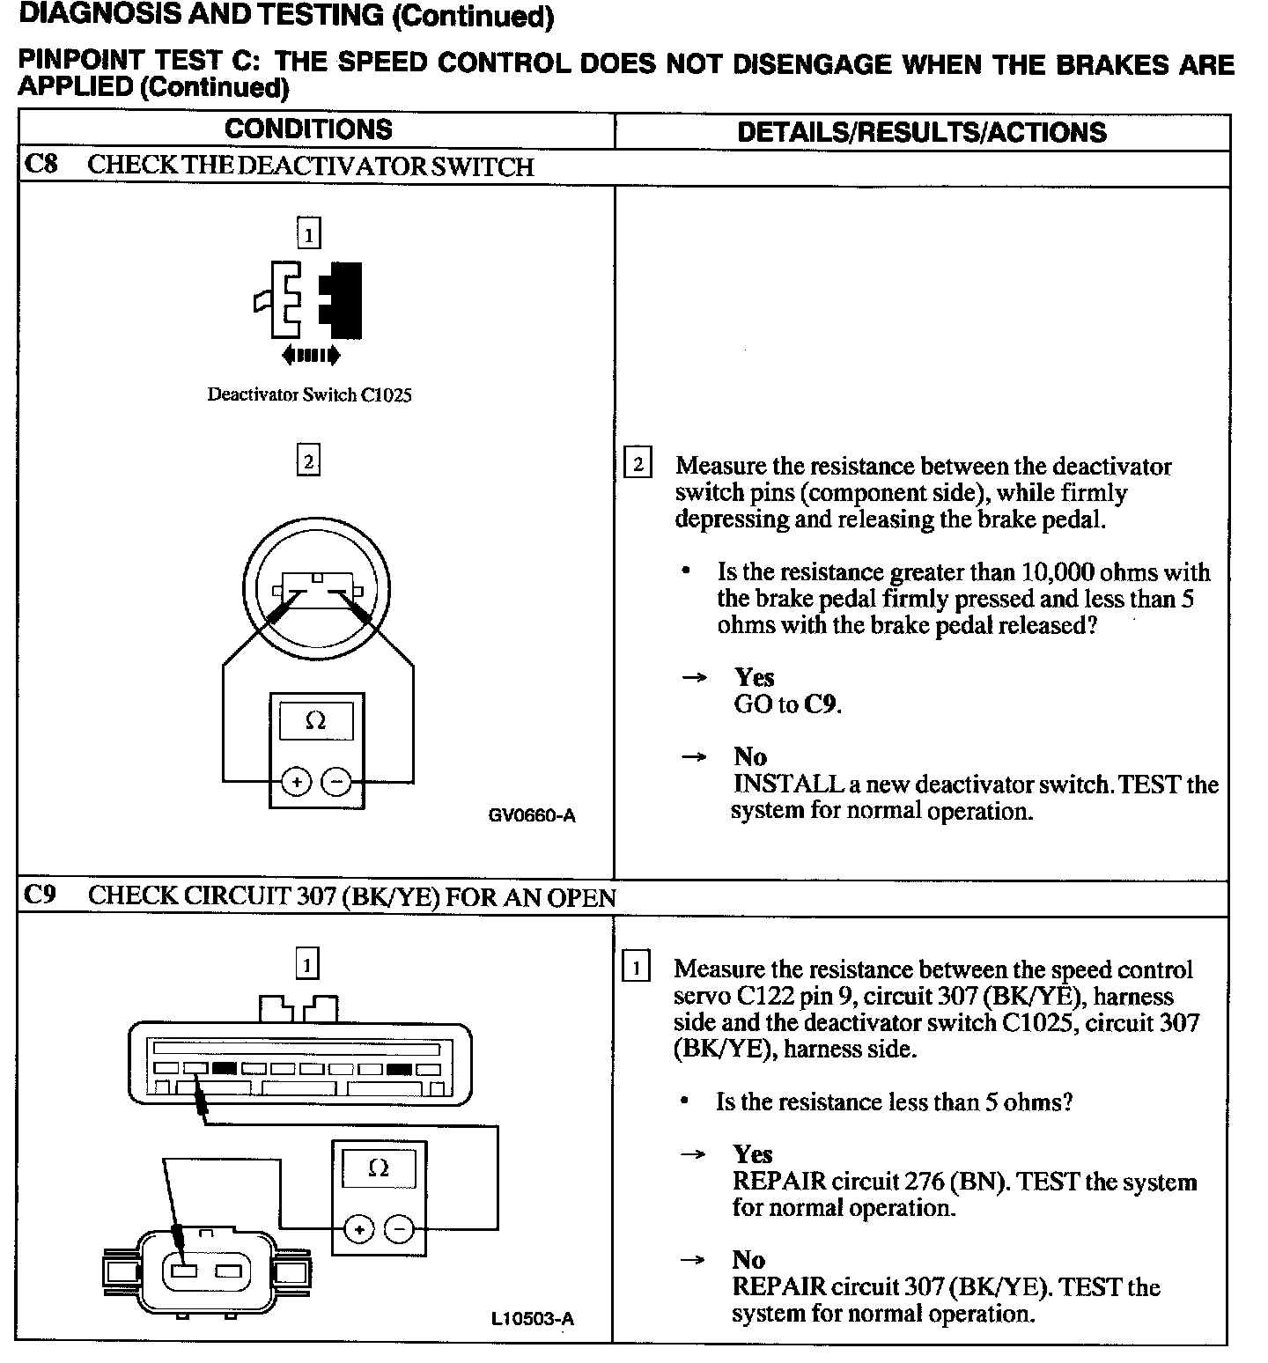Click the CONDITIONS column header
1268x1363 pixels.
click(x=308, y=129)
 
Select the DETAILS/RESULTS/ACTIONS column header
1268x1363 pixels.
click(x=921, y=132)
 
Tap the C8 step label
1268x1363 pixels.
click(x=41, y=165)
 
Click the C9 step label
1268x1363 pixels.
click(x=40, y=895)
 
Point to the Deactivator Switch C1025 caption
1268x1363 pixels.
click(x=309, y=395)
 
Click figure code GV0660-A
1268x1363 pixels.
click(x=532, y=815)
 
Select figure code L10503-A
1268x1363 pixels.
click(x=533, y=1318)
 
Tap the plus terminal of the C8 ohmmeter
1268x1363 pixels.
click(x=297, y=782)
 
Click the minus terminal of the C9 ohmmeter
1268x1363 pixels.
click(x=399, y=1228)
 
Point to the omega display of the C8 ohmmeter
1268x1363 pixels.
click(x=315, y=722)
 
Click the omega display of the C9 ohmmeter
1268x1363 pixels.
click(x=379, y=1168)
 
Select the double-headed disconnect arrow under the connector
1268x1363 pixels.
click(x=310, y=356)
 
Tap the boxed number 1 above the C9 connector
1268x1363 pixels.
click(x=307, y=964)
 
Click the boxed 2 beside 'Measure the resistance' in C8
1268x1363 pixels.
click(x=638, y=464)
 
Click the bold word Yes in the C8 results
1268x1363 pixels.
click(x=755, y=677)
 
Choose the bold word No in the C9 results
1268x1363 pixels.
click(x=748, y=1260)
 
